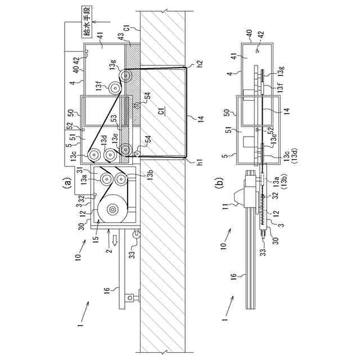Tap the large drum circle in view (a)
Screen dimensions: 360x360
tap(112, 210)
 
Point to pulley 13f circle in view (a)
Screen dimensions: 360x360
tap(116, 87)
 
